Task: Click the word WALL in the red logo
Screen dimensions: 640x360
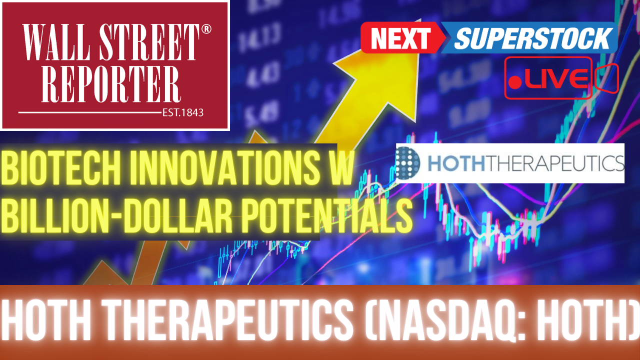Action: [56, 42]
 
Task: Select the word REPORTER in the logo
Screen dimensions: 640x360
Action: [111, 84]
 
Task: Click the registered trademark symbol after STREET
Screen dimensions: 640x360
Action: [206, 29]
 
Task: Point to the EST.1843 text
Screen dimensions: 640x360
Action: [183, 112]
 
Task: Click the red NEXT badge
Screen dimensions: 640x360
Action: [401, 37]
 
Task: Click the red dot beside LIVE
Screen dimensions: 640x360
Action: [515, 82]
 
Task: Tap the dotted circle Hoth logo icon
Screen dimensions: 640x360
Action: [408, 163]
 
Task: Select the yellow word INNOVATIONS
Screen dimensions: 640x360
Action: [225, 168]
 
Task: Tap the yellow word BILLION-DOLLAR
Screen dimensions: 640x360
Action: [116, 216]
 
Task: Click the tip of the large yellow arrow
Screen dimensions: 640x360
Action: [420, 19]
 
